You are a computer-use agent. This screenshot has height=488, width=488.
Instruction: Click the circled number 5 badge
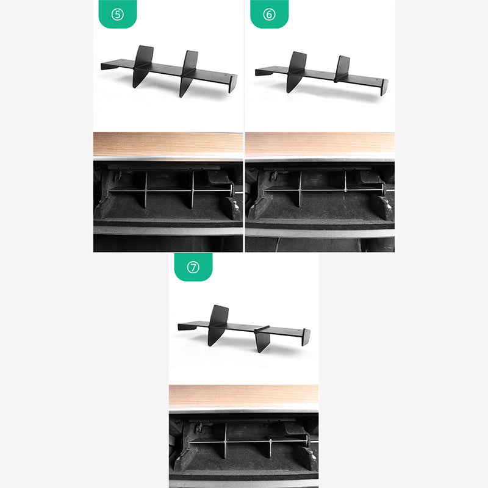(118, 14)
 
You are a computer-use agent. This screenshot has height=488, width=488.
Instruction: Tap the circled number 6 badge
(269, 14)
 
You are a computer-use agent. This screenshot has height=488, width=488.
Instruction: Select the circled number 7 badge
(193, 267)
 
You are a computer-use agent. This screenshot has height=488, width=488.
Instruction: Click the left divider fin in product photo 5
(143, 66)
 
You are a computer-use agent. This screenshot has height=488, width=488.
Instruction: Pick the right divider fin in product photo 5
(188, 73)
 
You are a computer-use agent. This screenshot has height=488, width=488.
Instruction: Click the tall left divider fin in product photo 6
(296, 71)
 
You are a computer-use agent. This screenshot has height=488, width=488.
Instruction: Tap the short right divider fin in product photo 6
(342, 69)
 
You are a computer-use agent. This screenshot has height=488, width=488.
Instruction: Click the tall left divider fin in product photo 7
(218, 325)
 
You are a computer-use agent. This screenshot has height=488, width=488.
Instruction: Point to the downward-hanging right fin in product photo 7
(262, 340)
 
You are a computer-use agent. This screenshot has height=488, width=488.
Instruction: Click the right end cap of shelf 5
(233, 84)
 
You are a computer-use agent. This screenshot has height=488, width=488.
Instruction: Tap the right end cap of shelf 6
(384, 87)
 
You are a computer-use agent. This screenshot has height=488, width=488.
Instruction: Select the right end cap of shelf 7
(306, 337)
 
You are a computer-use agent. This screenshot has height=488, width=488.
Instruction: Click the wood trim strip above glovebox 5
(168, 144)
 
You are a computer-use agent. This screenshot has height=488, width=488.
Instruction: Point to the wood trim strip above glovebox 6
(320, 144)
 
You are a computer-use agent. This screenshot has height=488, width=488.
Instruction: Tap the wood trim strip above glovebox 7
(243, 396)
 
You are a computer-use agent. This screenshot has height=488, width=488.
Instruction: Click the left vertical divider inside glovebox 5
(146, 189)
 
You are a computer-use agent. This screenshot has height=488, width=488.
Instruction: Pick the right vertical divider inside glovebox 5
(193, 189)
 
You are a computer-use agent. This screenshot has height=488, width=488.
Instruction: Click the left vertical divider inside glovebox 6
(300, 188)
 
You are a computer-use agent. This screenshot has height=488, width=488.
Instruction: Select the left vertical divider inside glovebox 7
(226, 440)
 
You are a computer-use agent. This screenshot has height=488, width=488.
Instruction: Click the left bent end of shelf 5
(109, 66)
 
